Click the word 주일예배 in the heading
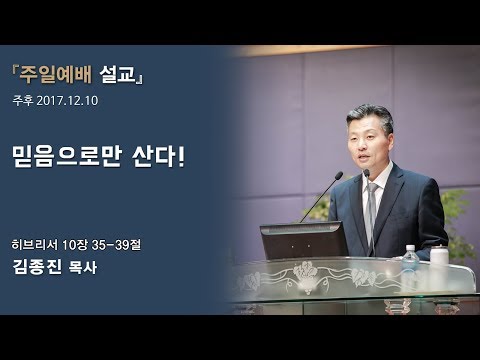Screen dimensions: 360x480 (61, 73)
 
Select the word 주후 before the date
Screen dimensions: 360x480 (22, 101)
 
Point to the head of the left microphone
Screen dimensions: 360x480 (340, 177)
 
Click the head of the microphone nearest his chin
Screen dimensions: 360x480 (366, 173)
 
